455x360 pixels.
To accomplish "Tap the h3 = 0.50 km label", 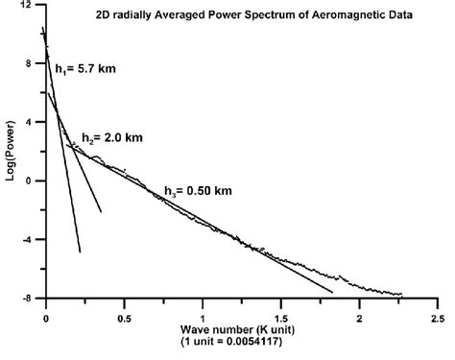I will [198, 190].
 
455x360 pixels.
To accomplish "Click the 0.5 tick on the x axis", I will [124, 315].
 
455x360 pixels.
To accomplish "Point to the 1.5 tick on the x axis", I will [280, 315].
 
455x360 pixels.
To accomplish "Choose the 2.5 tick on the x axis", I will [437, 315].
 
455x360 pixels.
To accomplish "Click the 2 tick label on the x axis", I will [359, 315].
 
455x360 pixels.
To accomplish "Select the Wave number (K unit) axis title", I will [241, 329].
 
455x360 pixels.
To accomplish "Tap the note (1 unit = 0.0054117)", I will [241, 342].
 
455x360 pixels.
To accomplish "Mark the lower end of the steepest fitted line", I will [80, 252].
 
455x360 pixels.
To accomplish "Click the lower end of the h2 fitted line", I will [101, 211].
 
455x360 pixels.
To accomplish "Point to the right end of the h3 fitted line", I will [332, 291].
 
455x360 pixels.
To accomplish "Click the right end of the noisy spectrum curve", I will [402, 295].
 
